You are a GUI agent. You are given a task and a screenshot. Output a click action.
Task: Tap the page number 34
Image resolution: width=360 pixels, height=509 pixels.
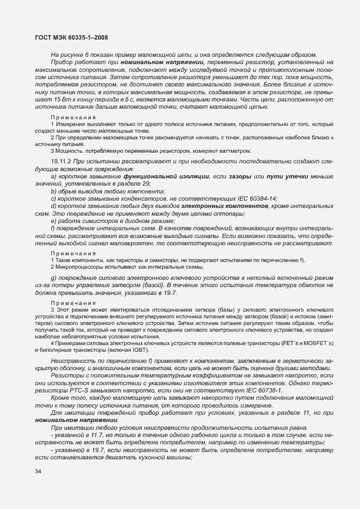pos(38,472)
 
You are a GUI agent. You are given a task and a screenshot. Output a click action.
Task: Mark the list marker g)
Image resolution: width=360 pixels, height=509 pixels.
pos(54,278)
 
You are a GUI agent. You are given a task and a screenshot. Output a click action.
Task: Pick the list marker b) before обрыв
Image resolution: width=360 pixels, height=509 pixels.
pos(54,191)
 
